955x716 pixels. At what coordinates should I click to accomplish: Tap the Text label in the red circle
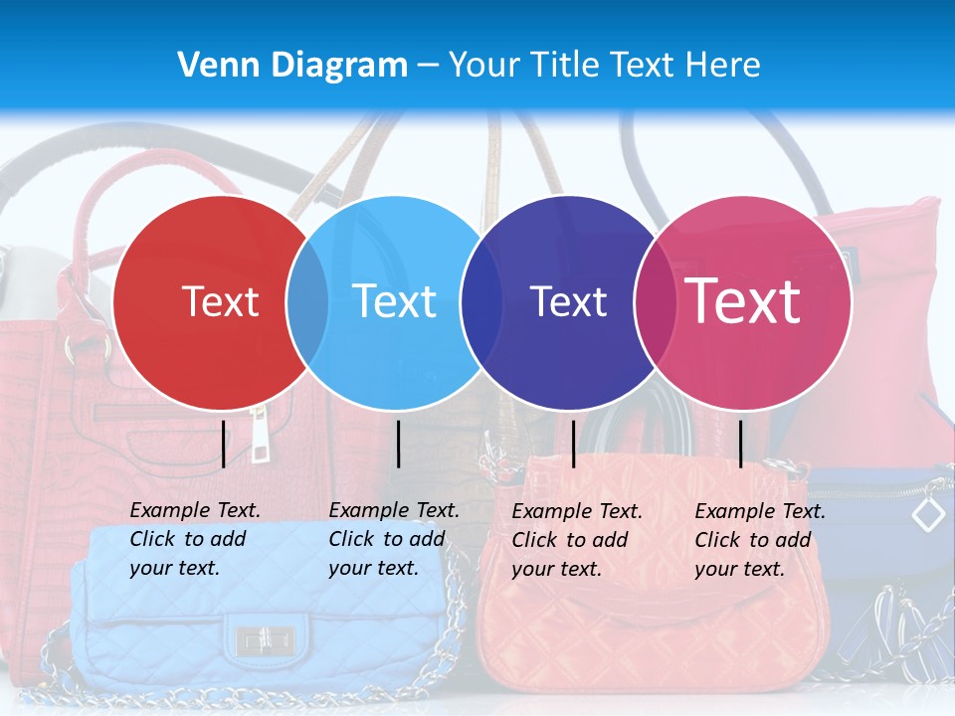click(x=220, y=301)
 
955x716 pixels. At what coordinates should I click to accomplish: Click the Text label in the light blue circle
click(x=394, y=301)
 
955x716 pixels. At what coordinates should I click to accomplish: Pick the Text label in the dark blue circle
click(x=568, y=301)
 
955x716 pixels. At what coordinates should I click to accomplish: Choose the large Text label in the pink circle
click(x=742, y=300)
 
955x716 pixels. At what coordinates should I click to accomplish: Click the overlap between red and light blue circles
click(x=307, y=302)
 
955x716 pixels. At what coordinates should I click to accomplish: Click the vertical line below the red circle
click(x=224, y=444)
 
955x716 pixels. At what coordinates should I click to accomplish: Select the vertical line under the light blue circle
click(x=398, y=444)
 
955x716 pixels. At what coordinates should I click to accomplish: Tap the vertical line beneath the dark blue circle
click(x=573, y=444)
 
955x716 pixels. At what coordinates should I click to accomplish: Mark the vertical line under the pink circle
click(x=740, y=444)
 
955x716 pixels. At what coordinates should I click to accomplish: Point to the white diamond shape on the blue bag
click(x=928, y=514)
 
